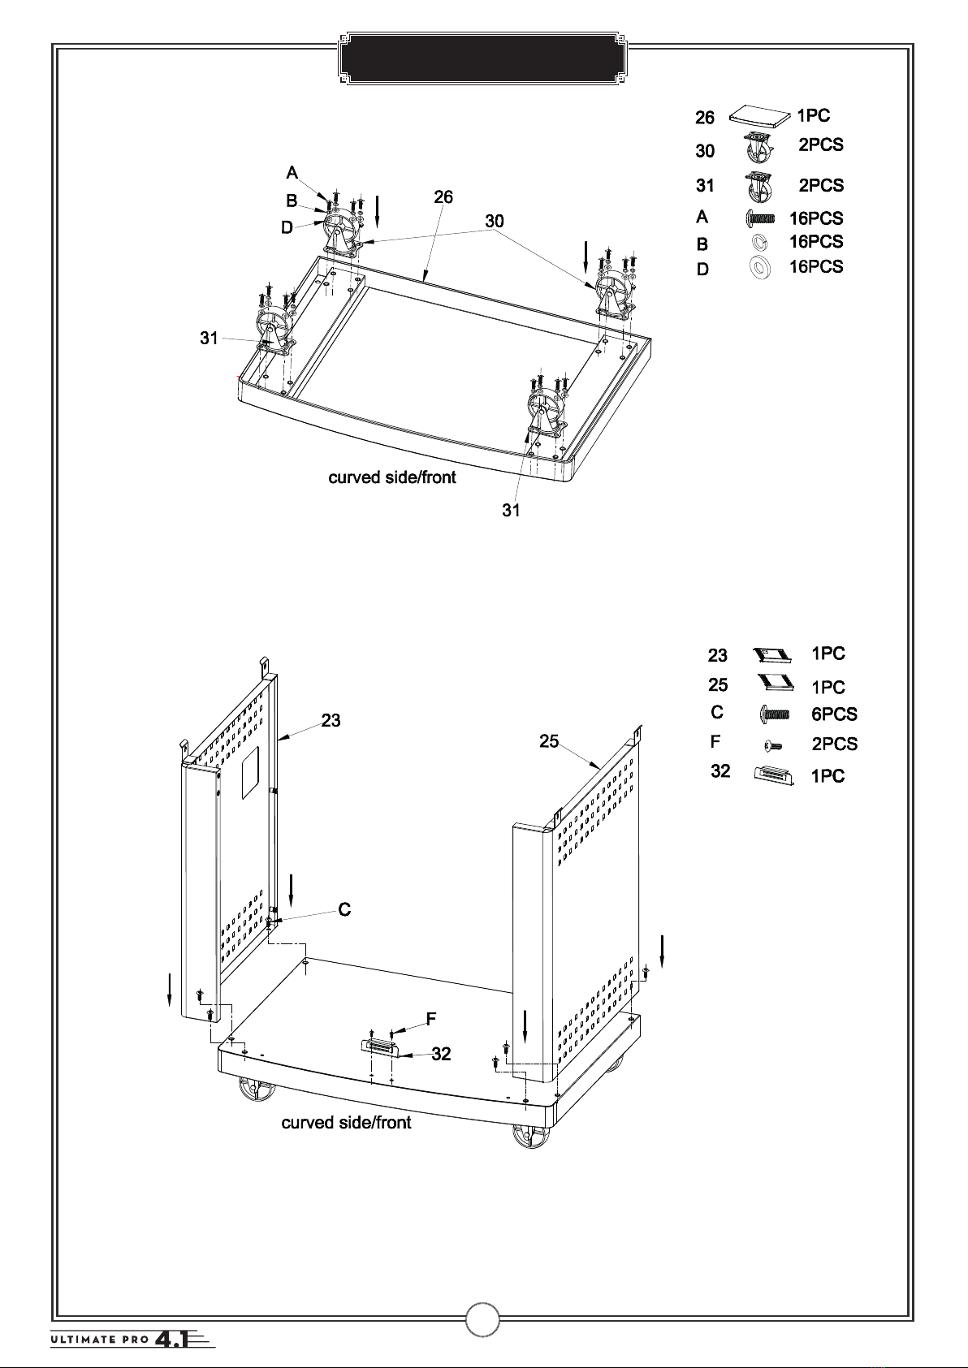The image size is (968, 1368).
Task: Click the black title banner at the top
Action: pos(482,58)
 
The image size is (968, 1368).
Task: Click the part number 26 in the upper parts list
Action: pos(705,117)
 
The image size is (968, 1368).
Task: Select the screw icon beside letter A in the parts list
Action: pos(760,218)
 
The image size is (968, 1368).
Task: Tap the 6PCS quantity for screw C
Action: pos(834,714)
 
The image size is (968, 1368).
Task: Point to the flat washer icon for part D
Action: pos(760,267)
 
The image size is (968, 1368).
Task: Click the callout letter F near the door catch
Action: pos(431,1019)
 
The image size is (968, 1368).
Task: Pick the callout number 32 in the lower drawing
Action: pos(441,1054)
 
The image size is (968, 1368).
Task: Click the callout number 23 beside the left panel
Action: pos(331,721)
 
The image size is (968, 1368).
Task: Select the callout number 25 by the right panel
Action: pos(549,741)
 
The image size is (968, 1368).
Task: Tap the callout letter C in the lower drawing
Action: pos(344,910)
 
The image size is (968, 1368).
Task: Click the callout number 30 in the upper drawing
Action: pos(495,221)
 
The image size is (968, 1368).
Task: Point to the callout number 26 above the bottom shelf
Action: pos(443,197)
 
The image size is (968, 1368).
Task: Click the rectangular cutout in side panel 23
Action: pos(251,772)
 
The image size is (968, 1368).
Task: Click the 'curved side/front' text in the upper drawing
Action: pos(392,477)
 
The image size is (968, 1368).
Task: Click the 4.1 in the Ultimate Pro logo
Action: pos(171,1340)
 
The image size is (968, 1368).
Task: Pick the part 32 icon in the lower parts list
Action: pos(774,775)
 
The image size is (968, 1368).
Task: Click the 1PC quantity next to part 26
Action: pos(814,115)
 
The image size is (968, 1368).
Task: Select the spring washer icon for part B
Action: pos(759,243)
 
